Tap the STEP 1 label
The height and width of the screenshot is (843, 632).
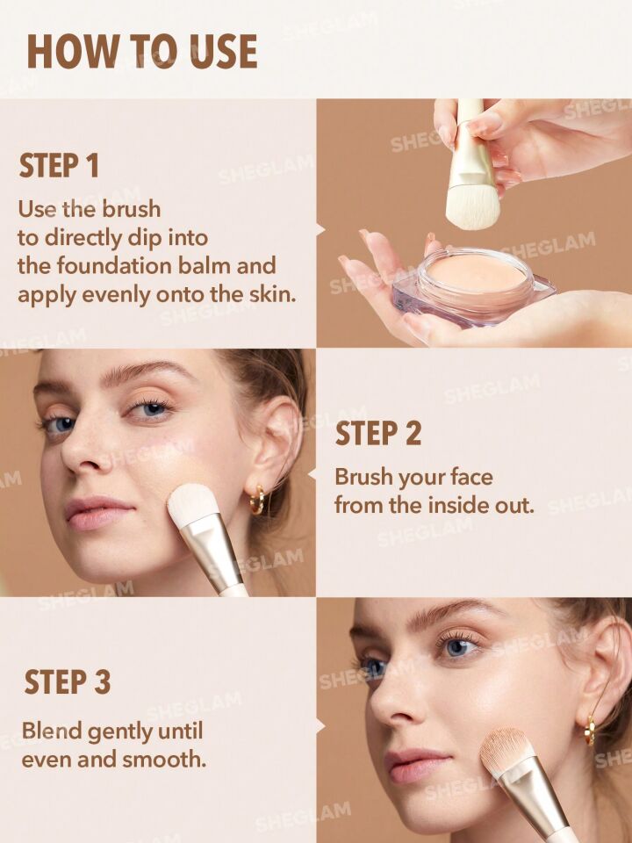click(60, 166)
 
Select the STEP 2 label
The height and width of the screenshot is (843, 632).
click(378, 434)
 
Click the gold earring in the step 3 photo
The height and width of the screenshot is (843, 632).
click(590, 730)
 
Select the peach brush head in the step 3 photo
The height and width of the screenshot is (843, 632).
click(506, 753)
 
